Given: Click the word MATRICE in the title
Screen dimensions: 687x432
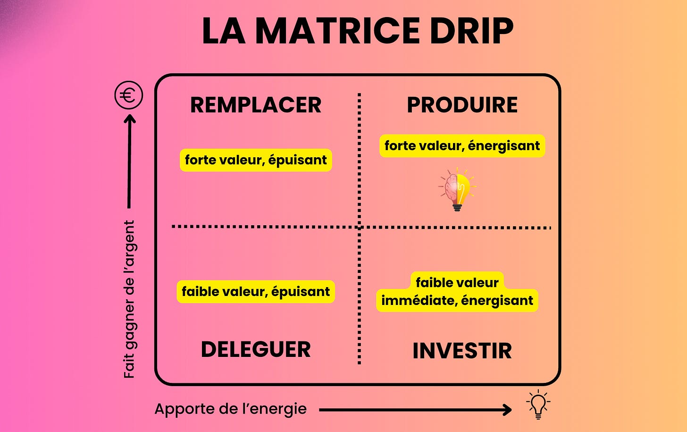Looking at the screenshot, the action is [x=338, y=31].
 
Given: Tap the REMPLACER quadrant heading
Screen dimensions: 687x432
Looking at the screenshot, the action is [x=256, y=105].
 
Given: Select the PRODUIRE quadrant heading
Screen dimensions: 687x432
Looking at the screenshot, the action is [x=462, y=105].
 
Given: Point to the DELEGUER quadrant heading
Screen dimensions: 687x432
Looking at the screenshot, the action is [x=256, y=349].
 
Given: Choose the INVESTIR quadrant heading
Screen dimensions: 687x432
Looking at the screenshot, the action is [x=462, y=351].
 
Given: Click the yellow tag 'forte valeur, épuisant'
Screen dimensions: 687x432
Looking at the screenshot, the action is [x=256, y=160].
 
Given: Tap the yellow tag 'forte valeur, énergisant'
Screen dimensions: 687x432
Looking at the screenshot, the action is [x=462, y=146].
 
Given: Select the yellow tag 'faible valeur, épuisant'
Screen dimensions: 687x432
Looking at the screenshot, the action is [x=256, y=292].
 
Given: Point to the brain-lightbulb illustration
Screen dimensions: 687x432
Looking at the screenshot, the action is [x=457, y=189].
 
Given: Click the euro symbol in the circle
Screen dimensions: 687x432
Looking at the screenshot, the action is [x=128, y=95].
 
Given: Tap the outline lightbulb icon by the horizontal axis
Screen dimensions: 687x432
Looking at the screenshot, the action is [x=538, y=405].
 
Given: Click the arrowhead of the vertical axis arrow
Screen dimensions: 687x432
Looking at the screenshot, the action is [x=129, y=119].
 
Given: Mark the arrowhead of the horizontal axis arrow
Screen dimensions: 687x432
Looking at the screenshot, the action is [x=508, y=409].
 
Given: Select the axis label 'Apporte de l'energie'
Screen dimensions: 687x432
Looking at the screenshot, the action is [x=230, y=409].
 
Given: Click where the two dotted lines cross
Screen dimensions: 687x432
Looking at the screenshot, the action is [x=360, y=227].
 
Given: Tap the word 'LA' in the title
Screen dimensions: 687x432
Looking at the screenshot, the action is [x=223, y=31].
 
